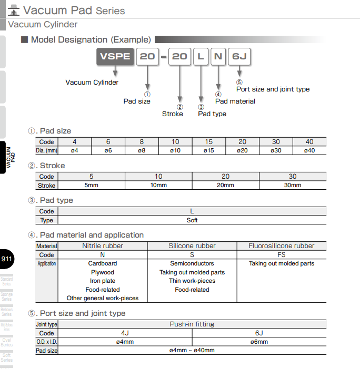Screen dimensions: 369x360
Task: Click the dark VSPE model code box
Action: (115, 56)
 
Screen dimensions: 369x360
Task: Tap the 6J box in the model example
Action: (239, 56)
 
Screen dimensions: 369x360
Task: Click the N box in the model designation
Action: (218, 56)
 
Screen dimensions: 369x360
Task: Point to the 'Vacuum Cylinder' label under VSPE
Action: (92, 82)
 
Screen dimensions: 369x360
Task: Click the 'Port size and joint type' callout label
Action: (273, 89)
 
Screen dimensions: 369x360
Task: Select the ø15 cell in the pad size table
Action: (208, 150)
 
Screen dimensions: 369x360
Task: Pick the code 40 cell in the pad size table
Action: (309, 142)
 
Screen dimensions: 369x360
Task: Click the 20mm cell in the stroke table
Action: (225, 185)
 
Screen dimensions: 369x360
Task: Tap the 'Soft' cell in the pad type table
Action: (192, 220)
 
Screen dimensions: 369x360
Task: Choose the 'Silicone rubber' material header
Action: (192, 245)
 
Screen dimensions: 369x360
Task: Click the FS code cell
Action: (282, 254)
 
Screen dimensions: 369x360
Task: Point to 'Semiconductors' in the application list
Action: (192, 263)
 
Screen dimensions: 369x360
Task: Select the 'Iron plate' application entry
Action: (103, 281)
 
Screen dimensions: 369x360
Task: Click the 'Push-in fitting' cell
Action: (192, 324)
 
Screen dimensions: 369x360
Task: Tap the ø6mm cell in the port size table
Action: (259, 342)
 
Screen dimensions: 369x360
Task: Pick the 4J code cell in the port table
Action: (125, 333)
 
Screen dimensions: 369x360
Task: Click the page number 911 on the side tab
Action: (7, 259)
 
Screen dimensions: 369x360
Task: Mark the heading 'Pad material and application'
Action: (92, 235)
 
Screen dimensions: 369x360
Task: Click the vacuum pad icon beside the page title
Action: (14, 9)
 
